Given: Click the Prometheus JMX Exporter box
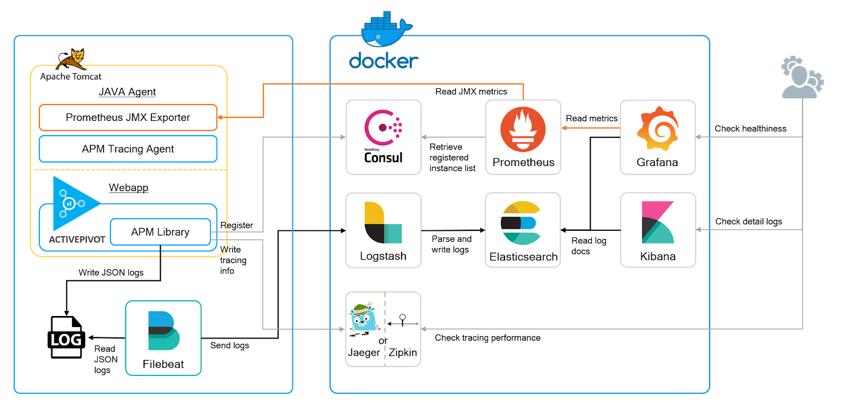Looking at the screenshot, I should [128, 117].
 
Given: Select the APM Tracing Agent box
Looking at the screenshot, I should [128, 149].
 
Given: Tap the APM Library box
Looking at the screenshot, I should [160, 232].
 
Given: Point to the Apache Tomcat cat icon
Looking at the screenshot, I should [71, 59].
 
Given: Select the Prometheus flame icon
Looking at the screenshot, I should [522, 129].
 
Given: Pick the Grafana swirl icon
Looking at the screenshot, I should [657, 129].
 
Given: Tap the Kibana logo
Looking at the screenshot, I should [658, 222].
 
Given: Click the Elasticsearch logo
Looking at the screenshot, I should [520, 223].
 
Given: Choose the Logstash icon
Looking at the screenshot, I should [383, 223].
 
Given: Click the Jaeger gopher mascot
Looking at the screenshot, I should [364, 318].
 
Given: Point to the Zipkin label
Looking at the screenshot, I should [403, 352].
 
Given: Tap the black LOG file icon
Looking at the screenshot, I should [66, 338].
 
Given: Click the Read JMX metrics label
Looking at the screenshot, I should [471, 91].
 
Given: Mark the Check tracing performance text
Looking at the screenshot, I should [487, 338].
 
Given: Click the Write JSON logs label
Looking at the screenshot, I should [111, 272].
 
